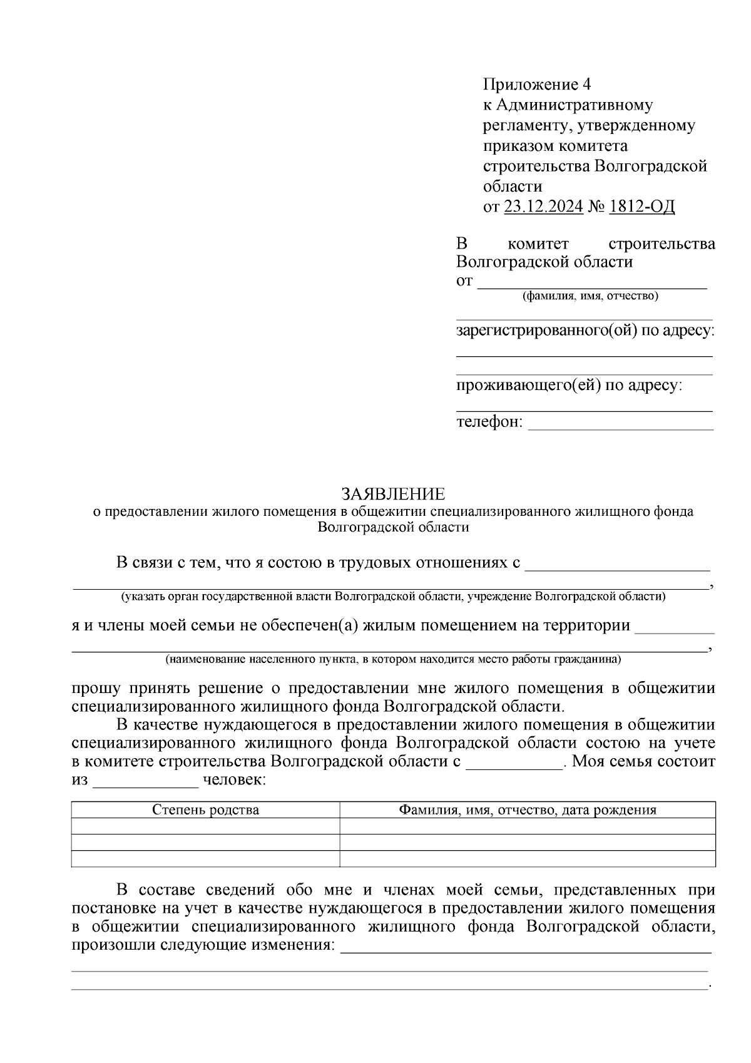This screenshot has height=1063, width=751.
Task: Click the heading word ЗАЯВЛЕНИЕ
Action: click(393, 495)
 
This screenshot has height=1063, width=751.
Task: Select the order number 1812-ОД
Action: click(641, 207)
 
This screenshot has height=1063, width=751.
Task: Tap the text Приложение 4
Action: click(536, 84)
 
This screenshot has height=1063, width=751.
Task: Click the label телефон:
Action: click(489, 422)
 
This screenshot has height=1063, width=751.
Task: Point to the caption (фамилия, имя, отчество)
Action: click(590, 296)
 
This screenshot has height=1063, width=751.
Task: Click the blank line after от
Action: click(592, 285)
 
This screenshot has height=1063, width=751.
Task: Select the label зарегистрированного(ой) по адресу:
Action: click(585, 330)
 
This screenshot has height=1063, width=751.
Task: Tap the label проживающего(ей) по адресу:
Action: click(569, 385)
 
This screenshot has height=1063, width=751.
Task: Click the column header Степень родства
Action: click(205, 809)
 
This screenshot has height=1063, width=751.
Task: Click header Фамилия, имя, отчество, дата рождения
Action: click(528, 809)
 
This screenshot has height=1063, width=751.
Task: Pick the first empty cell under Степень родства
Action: click(205, 826)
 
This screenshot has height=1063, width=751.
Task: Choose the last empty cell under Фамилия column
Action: click(528, 858)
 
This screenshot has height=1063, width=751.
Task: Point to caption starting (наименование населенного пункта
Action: click(393, 659)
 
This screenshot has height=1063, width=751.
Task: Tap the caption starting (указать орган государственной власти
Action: click(393, 597)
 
